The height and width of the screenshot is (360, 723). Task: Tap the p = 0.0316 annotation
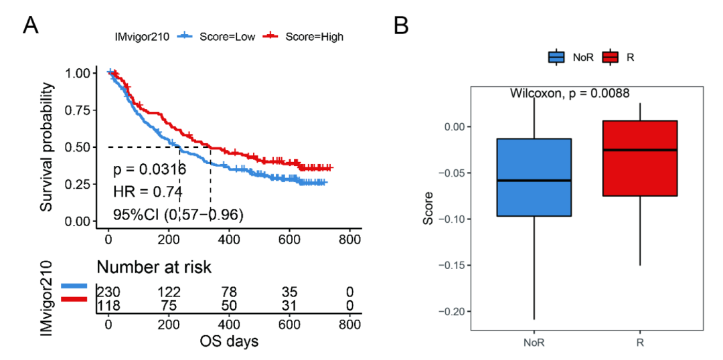pyautogui.click(x=149, y=169)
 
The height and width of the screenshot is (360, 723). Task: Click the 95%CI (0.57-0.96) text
pyautogui.click(x=177, y=215)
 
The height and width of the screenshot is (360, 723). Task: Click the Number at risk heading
pyautogui.click(x=154, y=268)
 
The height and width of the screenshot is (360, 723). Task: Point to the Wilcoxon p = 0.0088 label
pyautogui.click(x=570, y=94)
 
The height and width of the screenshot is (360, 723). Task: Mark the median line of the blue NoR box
pyautogui.click(x=534, y=181)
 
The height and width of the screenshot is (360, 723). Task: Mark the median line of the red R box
pyautogui.click(x=640, y=150)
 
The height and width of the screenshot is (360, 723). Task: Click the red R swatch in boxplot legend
pyautogui.click(x=610, y=58)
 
